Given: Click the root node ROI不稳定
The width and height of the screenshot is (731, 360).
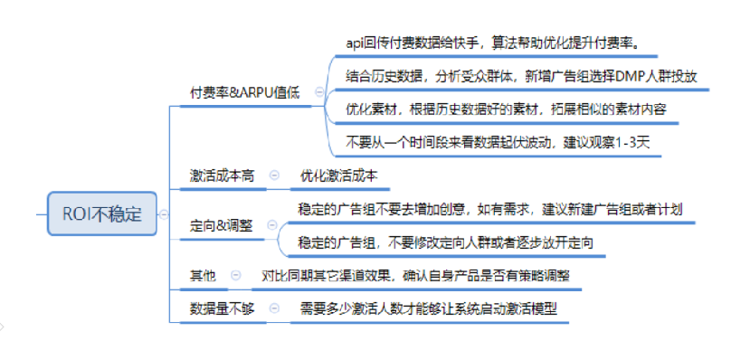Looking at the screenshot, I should (x=101, y=214).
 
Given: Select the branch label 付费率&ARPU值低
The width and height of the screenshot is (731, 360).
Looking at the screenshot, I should (x=244, y=92).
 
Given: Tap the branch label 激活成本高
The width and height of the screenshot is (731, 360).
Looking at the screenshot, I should (x=222, y=176).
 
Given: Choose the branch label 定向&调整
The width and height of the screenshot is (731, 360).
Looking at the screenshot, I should (x=222, y=225).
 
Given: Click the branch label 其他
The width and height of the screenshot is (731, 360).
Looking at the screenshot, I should (x=203, y=275).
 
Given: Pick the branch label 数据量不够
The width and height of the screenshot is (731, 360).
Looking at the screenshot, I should (x=222, y=308).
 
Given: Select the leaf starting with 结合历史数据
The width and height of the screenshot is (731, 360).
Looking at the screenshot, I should (x=521, y=76).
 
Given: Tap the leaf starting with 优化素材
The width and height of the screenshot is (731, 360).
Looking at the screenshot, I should (x=506, y=109).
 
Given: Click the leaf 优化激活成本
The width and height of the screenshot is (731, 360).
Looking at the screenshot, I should (x=339, y=176).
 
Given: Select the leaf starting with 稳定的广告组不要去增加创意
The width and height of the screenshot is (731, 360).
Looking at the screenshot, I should (x=489, y=209).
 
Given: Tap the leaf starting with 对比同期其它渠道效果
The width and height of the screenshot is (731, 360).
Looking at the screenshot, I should (x=415, y=275).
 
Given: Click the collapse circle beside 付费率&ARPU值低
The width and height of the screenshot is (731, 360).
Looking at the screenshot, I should (x=318, y=92).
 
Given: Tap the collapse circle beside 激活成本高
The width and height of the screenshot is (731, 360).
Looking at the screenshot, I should (x=274, y=176).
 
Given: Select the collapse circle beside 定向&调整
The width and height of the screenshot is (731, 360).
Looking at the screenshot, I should (x=269, y=225).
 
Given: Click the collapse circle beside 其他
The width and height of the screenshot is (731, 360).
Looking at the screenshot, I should (x=236, y=275).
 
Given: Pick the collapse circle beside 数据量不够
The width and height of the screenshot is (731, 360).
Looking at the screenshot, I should (x=274, y=308).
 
